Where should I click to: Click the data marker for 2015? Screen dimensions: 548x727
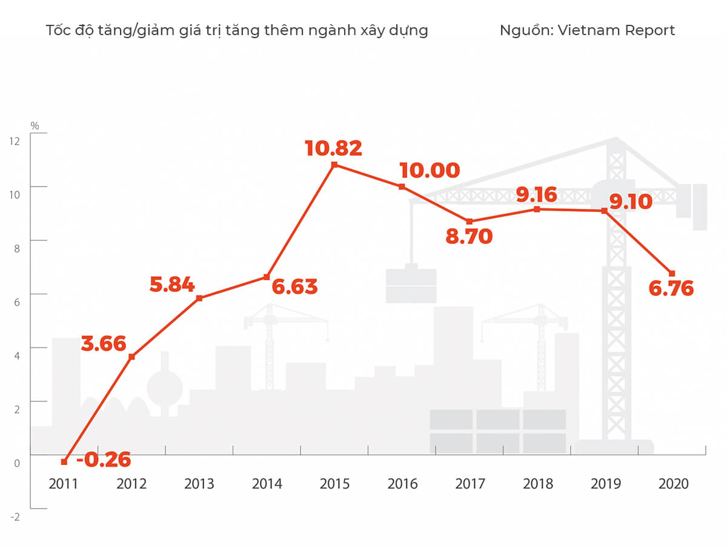(x=334, y=165)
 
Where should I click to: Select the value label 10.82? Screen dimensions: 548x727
(x=333, y=148)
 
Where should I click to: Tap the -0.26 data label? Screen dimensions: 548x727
(x=104, y=460)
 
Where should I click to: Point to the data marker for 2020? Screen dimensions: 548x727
(x=671, y=274)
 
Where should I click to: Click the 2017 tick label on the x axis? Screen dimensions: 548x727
(x=470, y=484)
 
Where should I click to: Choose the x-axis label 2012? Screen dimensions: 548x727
(x=131, y=484)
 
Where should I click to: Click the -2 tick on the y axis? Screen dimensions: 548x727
(x=15, y=517)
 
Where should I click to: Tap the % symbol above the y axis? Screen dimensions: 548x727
(x=35, y=126)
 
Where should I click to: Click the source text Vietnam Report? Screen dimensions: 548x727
(x=616, y=30)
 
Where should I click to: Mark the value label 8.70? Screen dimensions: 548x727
(x=469, y=237)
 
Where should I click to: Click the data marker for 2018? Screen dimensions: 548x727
(x=537, y=210)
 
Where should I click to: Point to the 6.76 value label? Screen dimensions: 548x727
(x=671, y=289)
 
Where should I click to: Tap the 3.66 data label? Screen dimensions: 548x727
(x=104, y=344)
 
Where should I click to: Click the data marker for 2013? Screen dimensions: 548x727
(x=199, y=298)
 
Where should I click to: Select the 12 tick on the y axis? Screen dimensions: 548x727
(x=15, y=141)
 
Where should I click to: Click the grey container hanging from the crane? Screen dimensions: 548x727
(x=411, y=285)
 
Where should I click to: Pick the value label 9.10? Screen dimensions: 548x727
(x=631, y=200)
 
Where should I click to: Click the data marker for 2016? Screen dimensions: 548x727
(x=402, y=187)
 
